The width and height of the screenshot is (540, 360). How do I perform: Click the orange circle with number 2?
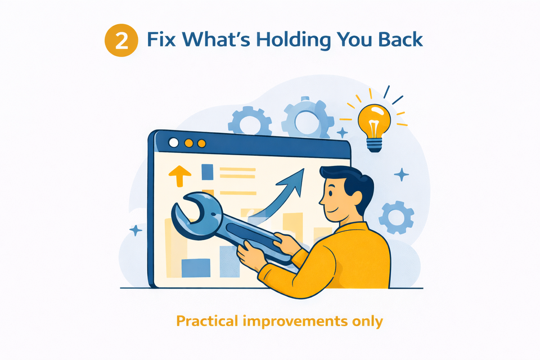tap(121, 41)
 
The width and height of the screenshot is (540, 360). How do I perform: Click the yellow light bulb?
tap(373, 120)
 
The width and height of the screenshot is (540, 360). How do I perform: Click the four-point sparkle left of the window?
tap(135, 230)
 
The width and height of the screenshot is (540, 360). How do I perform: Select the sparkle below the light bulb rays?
tap(401, 174)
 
